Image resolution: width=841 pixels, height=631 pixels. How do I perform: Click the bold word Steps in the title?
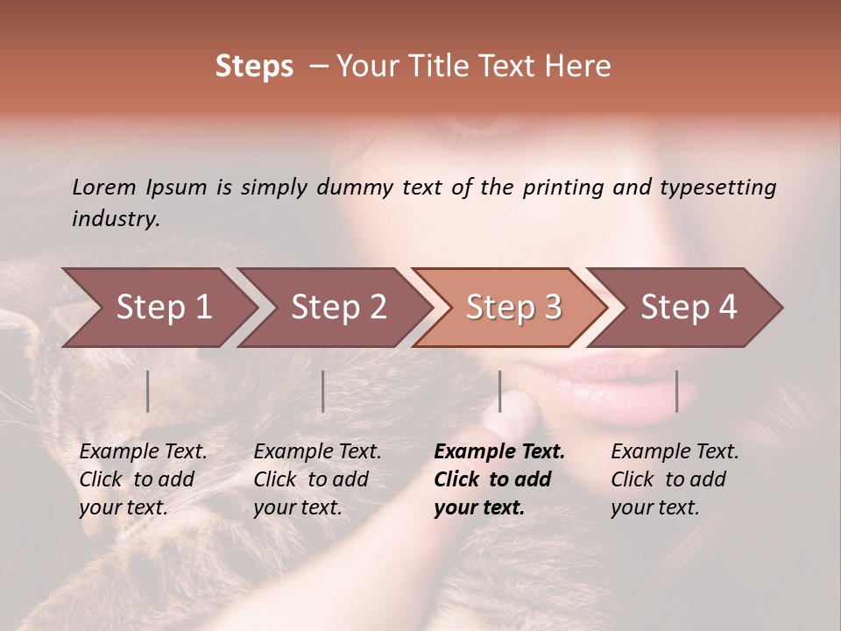pos(254,67)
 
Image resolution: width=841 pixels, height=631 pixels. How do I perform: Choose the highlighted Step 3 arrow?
pos(513,308)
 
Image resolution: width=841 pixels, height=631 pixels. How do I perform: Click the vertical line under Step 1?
pos(148,391)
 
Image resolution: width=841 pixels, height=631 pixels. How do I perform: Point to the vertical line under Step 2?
pos(323,391)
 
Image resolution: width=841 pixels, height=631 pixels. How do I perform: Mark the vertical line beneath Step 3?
pos(500,391)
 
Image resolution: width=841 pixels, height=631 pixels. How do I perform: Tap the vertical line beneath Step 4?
pos(677,391)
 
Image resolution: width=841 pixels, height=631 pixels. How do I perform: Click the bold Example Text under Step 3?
pos(499,479)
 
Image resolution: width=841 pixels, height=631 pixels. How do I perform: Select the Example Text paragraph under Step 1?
pos(143,479)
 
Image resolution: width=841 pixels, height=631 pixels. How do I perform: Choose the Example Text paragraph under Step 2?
pos(317,479)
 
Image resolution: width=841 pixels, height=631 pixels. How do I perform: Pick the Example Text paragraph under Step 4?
pos(675,479)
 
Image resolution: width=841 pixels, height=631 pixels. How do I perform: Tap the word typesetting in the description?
pos(717,188)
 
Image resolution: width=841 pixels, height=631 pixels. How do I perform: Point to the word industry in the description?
pos(115,219)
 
